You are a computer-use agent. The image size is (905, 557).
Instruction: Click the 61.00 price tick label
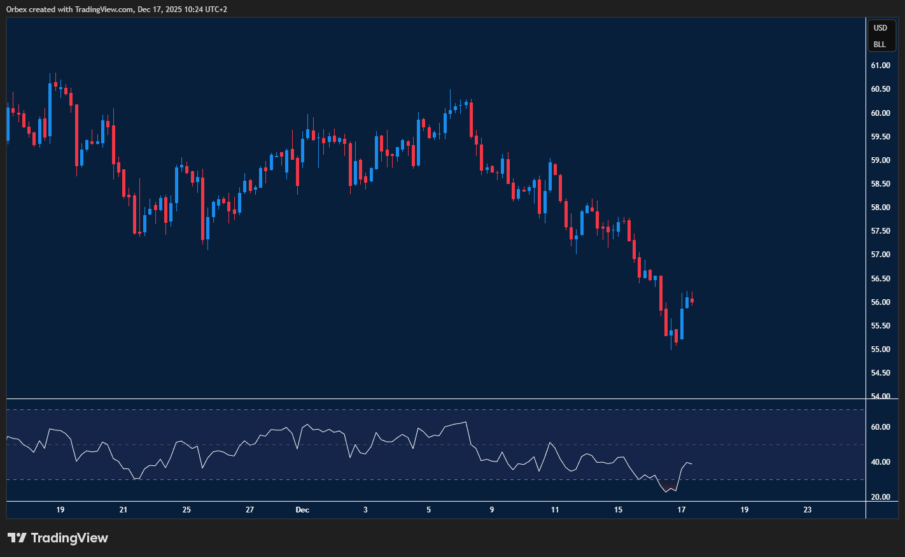pyautogui.click(x=880, y=66)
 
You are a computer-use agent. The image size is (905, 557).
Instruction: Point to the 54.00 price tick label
pyautogui.click(x=880, y=397)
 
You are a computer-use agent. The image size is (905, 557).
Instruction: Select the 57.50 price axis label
pyautogui.click(x=880, y=231)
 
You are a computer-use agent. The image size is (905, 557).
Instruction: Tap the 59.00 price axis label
pyautogui.click(x=880, y=160)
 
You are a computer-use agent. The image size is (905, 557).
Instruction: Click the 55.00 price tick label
pyautogui.click(x=880, y=349)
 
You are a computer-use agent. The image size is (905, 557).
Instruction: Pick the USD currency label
pyautogui.click(x=880, y=28)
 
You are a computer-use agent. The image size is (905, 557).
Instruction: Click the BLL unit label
pyautogui.click(x=880, y=45)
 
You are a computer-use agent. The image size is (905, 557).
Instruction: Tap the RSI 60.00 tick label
pyautogui.click(x=880, y=427)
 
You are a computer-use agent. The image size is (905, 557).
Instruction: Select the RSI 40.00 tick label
pyautogui.click(x=880, y=462)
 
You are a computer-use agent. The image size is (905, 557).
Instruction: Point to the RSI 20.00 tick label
pyautogui.click(x=880, y=497)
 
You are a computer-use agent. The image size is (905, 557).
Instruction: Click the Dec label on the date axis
pyautogui.click(x=302, y=510)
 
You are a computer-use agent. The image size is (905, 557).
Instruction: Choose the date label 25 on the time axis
pyautogui.click(x=186, y=510)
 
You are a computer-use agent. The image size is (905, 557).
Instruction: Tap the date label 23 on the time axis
pyautogui.click(x=808, y=510)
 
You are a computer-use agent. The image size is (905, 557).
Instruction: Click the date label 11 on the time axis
pyautogui.click(x=555, y=510)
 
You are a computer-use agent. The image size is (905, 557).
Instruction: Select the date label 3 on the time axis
pyautogui.click(x=365, y=510)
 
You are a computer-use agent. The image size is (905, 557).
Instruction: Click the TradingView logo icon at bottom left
pyautogui.click(x=17, y=538)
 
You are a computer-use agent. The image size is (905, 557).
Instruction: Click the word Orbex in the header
pyautogui.click(x=17, y=10)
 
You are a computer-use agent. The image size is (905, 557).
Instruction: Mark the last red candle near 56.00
pyautogui.click(x=692, y=300)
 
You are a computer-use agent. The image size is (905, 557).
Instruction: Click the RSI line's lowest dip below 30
pyautogui.click(x=666, y=491)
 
